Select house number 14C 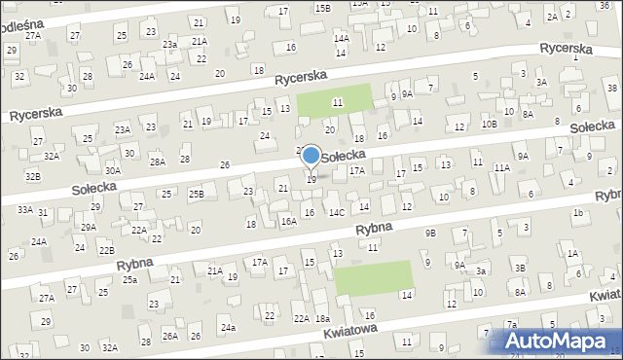coord(336,212)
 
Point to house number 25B coord(196,195)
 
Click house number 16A coord(289,222)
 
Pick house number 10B coord(489,125)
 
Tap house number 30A coord(113,170)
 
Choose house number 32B coord(33,176)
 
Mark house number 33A coord(24,209)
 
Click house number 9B coord(430,233)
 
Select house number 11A coord(501,167)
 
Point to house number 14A coord(342,38)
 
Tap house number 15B coord(322,8)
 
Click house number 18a coord(322,318)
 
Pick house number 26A coord(170,336)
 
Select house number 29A coord(88,227)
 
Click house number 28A coord(158,162)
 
